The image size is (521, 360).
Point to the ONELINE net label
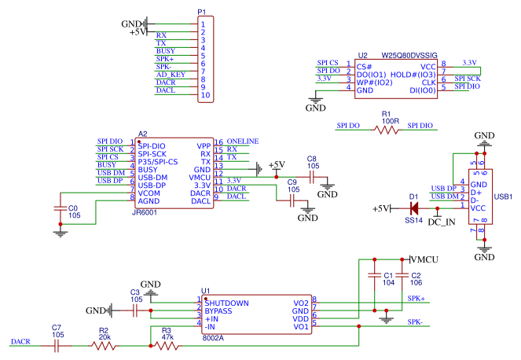click(x=243, y=141)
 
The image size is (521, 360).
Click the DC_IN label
click(x=441, y=222)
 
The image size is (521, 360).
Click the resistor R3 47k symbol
click(x=166, y=345)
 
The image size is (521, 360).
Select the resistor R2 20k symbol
click(x=104, y=345)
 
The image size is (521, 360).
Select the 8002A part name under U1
click(x=213, y=337)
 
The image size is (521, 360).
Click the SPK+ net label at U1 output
click(x=416, y=299)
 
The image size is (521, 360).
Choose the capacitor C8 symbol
click(x=311, y=178)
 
